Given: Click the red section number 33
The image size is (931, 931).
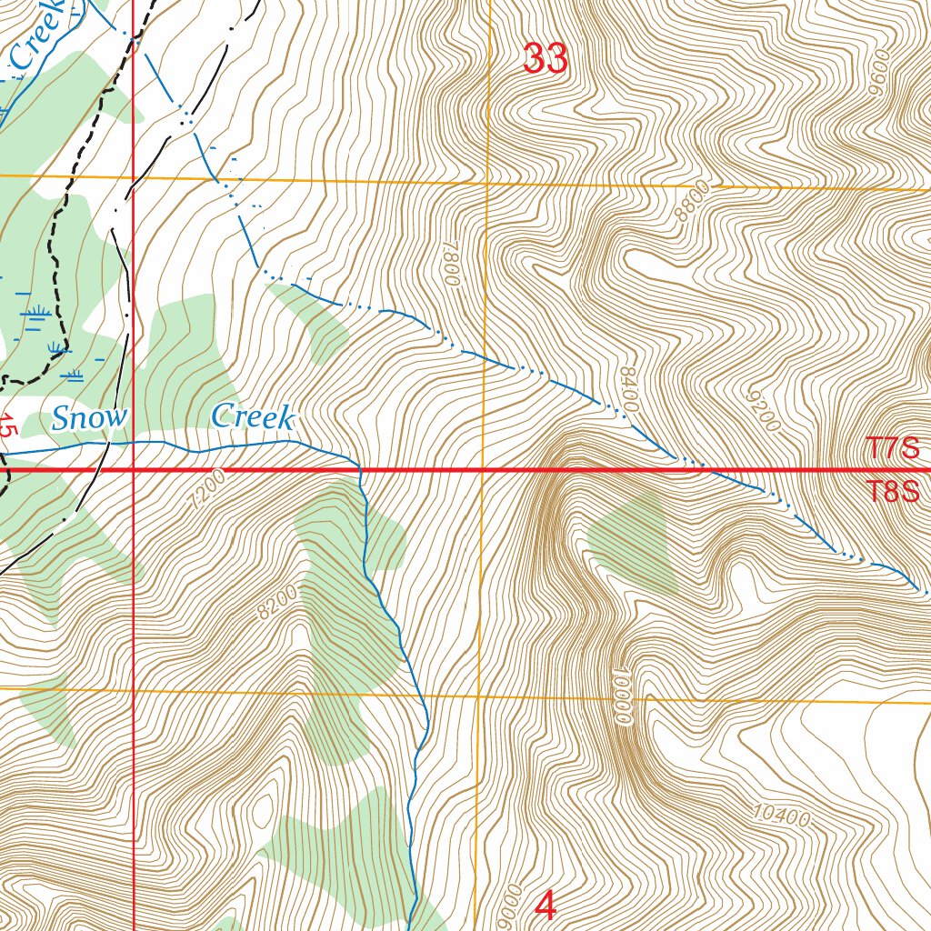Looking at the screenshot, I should (546, 60).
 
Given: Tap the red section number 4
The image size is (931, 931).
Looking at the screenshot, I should (546, 906).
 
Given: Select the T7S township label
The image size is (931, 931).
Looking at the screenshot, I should (892, 448).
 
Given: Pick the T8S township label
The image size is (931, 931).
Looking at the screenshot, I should (892, 492).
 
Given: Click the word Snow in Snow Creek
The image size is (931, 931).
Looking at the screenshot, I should (89, 419).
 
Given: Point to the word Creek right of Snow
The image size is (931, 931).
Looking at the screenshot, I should (253, 418).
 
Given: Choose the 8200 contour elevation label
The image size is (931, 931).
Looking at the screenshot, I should (277, 602).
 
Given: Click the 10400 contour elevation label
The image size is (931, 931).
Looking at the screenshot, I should (782, 816).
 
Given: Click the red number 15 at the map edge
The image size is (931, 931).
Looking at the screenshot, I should (8, 427).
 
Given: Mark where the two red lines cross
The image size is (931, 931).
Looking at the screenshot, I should (134, 470).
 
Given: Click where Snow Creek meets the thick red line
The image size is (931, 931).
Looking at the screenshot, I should (360, 470).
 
